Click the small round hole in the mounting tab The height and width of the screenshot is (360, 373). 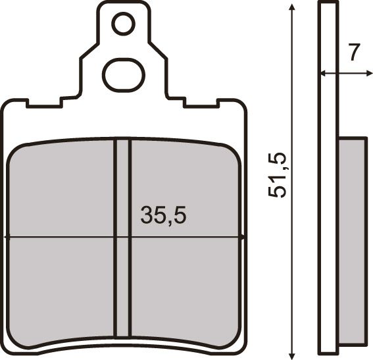pos(123,24)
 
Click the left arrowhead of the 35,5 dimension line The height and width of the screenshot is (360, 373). pos(7,236)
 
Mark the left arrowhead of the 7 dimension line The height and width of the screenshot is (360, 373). pos(322,73)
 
